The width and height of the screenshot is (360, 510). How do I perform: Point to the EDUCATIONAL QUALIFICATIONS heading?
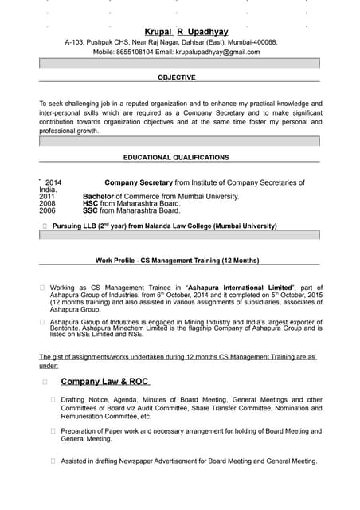(x=176, y=158)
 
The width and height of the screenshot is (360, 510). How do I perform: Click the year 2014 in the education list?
(x=53, y=182)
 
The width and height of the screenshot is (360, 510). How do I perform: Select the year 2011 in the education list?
(x=47, y=196)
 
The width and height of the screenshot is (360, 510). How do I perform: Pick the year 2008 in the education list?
(x=47, y=203)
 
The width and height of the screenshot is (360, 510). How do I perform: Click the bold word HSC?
(x=90, y=203)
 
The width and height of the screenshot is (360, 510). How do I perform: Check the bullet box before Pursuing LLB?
(x=45, y=226)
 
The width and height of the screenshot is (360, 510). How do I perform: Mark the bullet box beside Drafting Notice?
(x=53, y=400)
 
